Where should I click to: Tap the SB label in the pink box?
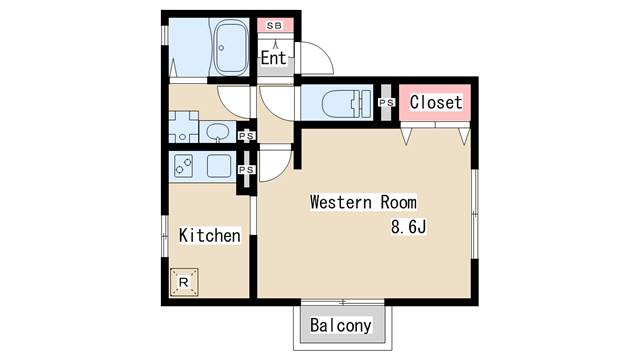[x=273, y=26]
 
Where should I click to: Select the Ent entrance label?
[x=274, y=58]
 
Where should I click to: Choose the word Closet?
[x=436, y=103]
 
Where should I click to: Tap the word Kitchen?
[x=210, y=236]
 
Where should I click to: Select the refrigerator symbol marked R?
[x=184, y=283]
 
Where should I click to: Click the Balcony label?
[x=340, y=326]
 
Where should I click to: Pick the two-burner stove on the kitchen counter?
[x=184, y=165]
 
